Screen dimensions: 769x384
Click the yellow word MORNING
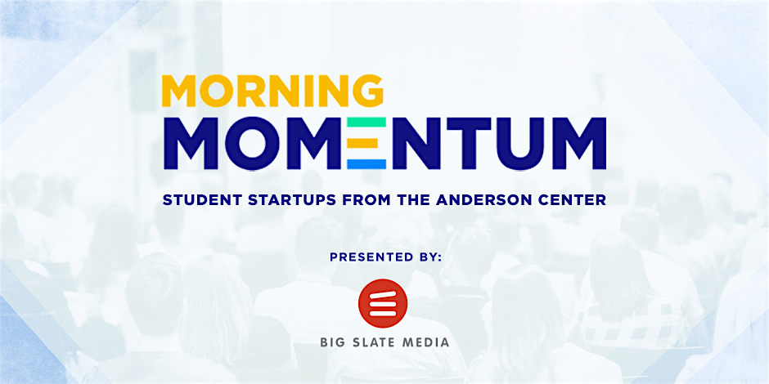[x=272, y=92]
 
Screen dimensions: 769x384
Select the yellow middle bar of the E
[x=363, y=144]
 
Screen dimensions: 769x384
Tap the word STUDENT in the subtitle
[x=194, y=200]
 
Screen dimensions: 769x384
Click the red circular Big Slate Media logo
[x=383, y=303]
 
